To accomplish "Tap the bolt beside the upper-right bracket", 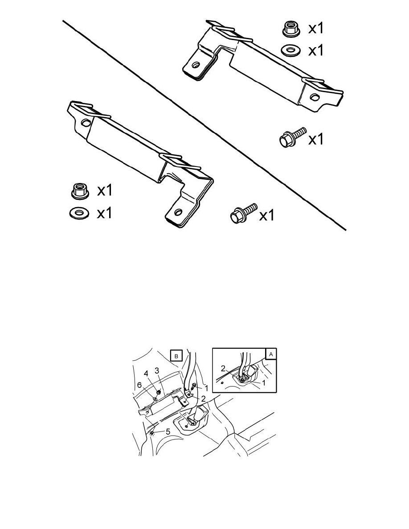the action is point(292,137).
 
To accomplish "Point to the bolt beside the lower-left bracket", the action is point(243,212).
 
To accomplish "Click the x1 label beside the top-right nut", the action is point(316,28).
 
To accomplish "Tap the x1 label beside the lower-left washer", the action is point(104,213).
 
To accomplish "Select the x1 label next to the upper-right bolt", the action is point(316,139).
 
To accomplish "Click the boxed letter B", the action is point(176,356).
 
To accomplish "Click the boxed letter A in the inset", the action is point(271,354).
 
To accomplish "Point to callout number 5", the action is point(168,431).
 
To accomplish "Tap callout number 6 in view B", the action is point(139,385).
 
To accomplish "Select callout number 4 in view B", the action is point(146,374).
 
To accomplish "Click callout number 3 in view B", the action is point(157,370).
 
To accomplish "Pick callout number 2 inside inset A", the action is point(223,368).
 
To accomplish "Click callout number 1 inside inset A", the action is point(264,383).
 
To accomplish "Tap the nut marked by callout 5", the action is point(152,433).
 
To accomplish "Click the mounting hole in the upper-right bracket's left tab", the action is point(195,65).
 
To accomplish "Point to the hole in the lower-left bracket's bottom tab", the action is point(178,212).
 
